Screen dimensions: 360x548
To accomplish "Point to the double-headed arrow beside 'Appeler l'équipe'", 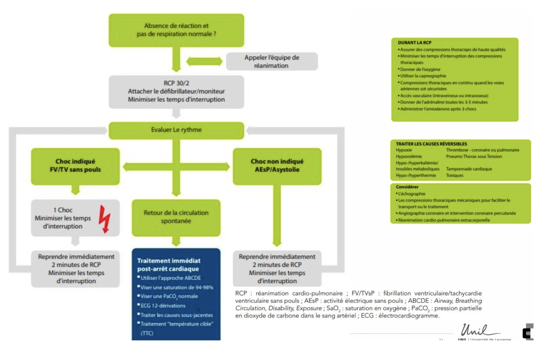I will pyautogui.click(x=205, y=61).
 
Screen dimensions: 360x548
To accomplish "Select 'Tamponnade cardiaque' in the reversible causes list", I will pyautogui.click(x=469, y=169).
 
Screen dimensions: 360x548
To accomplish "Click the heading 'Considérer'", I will pyautogui.click(x=406, y=187).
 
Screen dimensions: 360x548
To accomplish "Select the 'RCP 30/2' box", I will pyautogui.click(x=176, y=90).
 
